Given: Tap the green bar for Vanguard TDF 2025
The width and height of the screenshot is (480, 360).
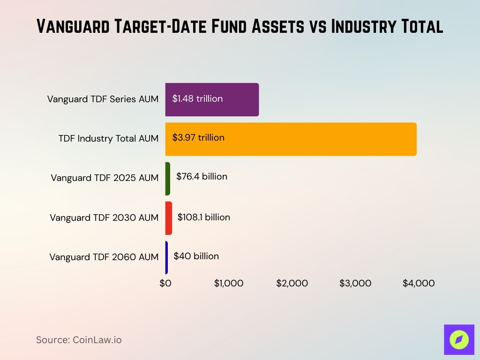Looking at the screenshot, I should point(168,179).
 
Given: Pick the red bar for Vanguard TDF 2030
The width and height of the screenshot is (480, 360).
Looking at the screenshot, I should point(169,218).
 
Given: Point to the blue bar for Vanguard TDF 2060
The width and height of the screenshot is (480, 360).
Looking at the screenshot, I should point(166,257).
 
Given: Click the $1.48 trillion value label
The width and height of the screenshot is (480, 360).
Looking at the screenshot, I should point(197,99).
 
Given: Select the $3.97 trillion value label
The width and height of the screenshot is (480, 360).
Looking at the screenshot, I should point(198,138).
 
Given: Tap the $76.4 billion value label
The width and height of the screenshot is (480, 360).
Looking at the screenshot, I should point(202,177).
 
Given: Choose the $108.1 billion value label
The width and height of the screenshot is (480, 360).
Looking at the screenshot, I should point(203,217).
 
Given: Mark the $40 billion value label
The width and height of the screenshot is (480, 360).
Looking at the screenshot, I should point(196,256).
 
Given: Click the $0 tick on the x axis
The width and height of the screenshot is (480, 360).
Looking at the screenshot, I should point(165,284).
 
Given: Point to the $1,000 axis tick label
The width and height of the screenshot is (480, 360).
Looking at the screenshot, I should point(229,284).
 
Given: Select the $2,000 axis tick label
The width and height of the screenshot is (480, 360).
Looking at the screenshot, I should point(292,284).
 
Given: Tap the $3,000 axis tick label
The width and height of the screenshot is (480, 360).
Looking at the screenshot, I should point(355,284).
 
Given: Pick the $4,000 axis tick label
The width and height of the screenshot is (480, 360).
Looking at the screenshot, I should point(419,284).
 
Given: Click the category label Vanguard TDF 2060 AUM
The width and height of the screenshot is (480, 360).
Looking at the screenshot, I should point(104,257).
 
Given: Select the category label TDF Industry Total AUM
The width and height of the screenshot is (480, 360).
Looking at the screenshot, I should point(108,139).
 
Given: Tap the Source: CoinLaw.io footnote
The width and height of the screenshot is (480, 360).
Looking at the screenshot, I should point(79,340).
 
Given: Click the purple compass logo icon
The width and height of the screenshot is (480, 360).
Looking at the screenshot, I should point(459,339).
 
